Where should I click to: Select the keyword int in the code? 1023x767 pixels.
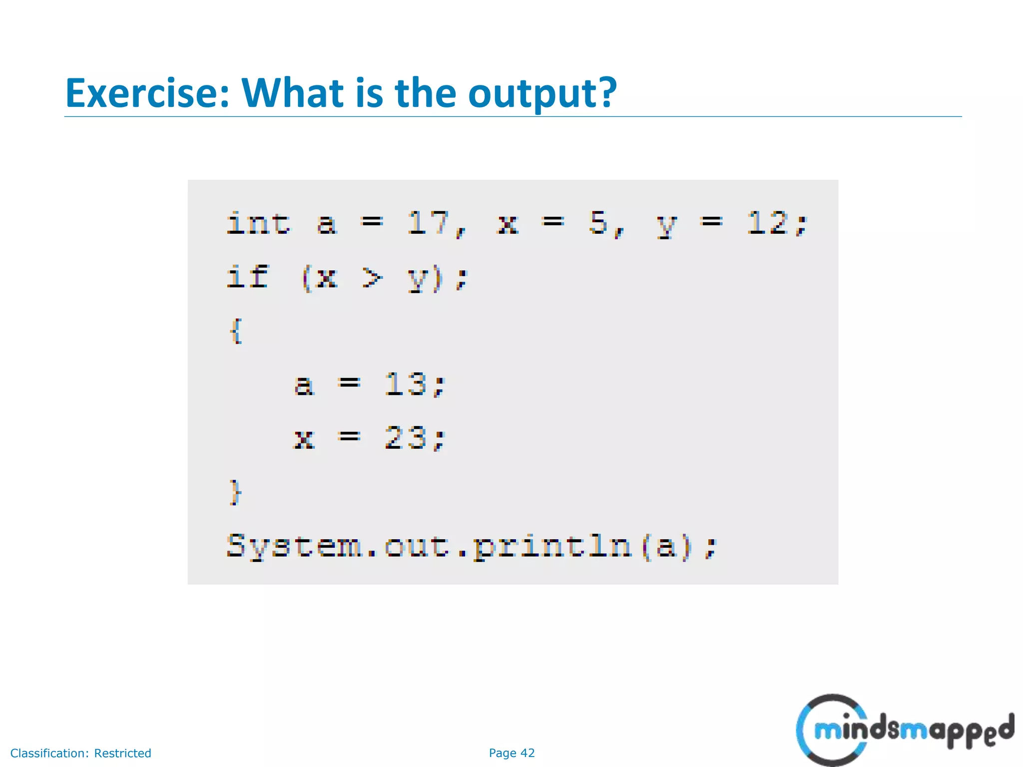pos(258,223)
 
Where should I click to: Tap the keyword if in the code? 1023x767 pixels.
pos(247,277)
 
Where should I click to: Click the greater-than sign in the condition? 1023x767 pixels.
pos(372,278)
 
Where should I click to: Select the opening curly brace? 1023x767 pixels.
pos(236,331)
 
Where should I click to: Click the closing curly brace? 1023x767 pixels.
pos(235,492)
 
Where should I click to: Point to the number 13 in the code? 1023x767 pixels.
pos(405,384)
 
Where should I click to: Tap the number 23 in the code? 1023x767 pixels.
pos(405,438)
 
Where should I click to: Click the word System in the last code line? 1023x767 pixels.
pos(294,546)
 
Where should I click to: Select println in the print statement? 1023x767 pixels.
pos(552,546)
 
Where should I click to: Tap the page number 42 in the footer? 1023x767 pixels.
pos(527,753)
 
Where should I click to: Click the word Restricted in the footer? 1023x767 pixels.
pos(122,753)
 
